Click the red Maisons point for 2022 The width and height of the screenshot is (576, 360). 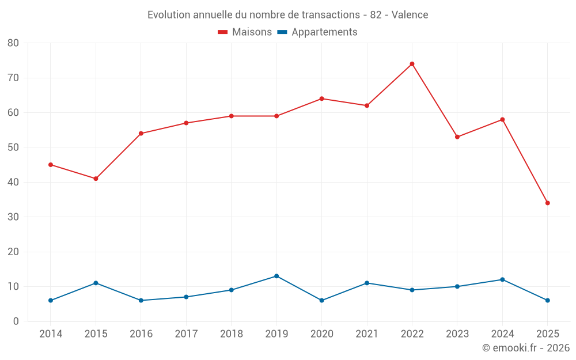412,64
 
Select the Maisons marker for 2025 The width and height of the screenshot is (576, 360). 547,203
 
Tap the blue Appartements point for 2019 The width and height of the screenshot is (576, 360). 276,276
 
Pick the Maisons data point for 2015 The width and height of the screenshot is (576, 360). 96,179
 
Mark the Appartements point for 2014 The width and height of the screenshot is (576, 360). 51,300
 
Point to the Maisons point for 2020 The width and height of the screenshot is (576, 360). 321,98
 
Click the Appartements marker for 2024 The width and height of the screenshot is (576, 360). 502,279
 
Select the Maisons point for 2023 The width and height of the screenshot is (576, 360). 457,137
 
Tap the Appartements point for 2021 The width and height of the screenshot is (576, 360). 367,283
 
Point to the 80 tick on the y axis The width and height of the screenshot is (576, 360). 13,43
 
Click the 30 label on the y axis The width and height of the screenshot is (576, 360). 13,217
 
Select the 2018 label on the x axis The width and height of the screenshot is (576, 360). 231,334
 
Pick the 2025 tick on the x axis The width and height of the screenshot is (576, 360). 547,334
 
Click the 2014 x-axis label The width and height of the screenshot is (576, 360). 51,334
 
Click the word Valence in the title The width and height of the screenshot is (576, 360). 410,15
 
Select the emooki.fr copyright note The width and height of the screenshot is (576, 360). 526,348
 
